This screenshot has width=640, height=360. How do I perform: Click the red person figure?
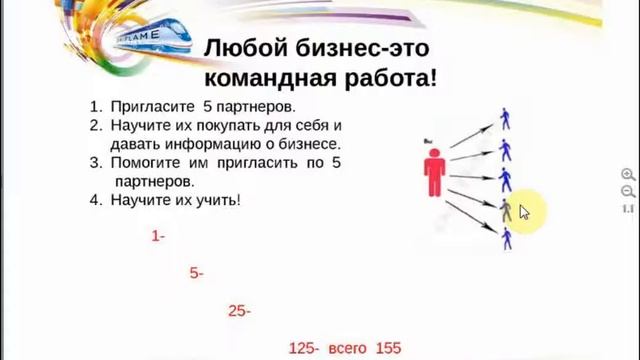click(434, 173)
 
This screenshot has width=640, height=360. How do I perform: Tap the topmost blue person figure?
click(506, 120)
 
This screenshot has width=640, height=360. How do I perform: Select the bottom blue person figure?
click(507, 239)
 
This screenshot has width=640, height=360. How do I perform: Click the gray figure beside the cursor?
click(506, 209)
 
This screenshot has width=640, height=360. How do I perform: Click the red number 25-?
click(239, 311)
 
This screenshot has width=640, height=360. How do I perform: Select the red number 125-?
click(303, 348)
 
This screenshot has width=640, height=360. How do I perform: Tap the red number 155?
click(389, 348)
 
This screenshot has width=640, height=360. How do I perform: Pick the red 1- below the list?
click(158, 237)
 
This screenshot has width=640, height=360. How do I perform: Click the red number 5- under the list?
click(196, 273)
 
